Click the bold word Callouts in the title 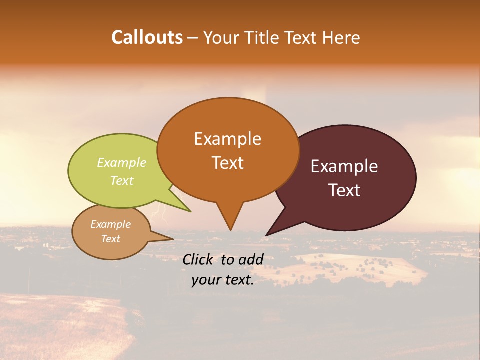click(147, 37)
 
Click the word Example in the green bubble click(122, 163)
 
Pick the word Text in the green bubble click(122, 180)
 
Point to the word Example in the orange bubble click(227, 139)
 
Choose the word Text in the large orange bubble click(227, 163)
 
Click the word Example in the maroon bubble click(344, 166)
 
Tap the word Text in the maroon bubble click(345, 190)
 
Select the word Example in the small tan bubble click(110, 224)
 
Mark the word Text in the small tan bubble click(110, 239)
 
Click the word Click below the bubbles click(199, 259)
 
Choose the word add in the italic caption click(251, 259)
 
